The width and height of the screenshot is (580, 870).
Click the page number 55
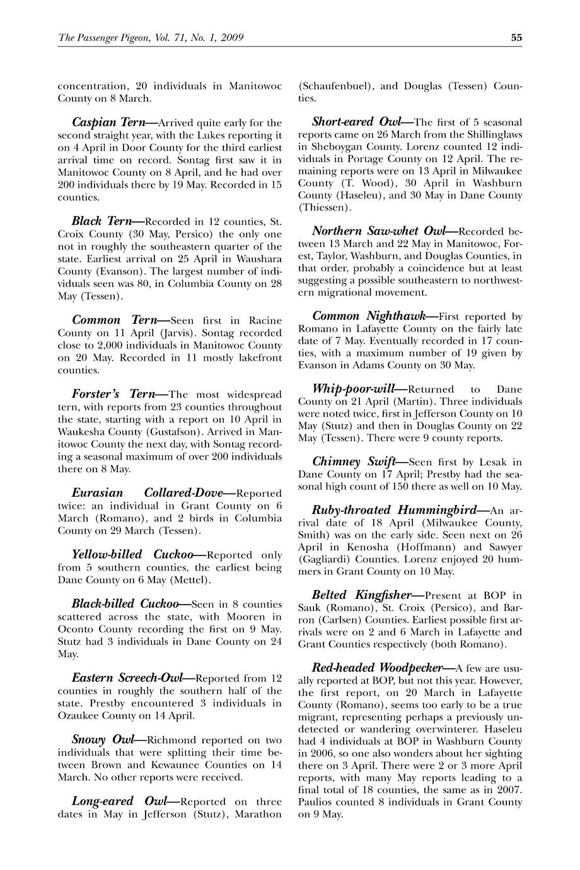tap(516, 37)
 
